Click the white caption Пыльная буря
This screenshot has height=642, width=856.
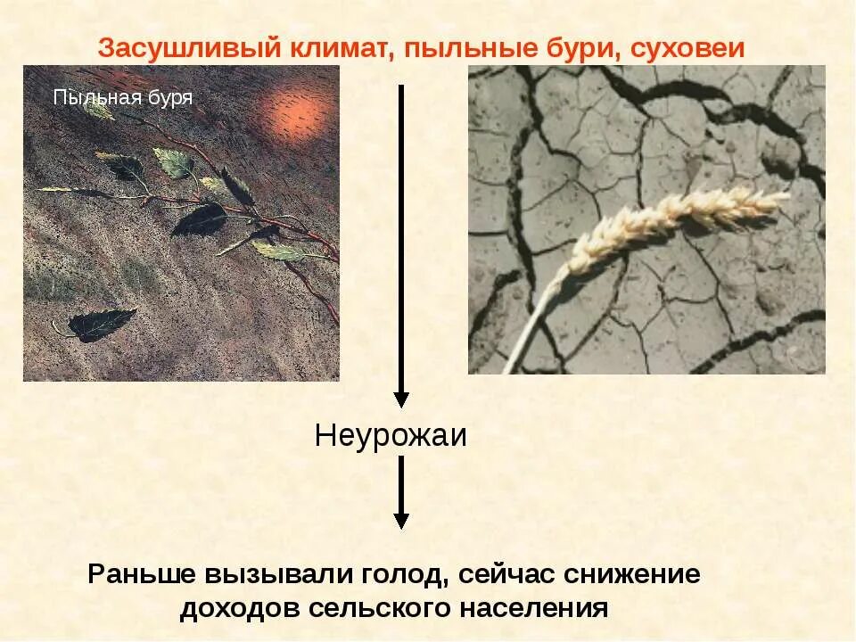point(123,97)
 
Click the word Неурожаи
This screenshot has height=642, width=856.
point(391,436)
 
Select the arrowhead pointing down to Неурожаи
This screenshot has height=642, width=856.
point(401,399)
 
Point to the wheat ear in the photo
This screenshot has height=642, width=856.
point(678,219)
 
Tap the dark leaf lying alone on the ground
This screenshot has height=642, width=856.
point(100,324)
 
